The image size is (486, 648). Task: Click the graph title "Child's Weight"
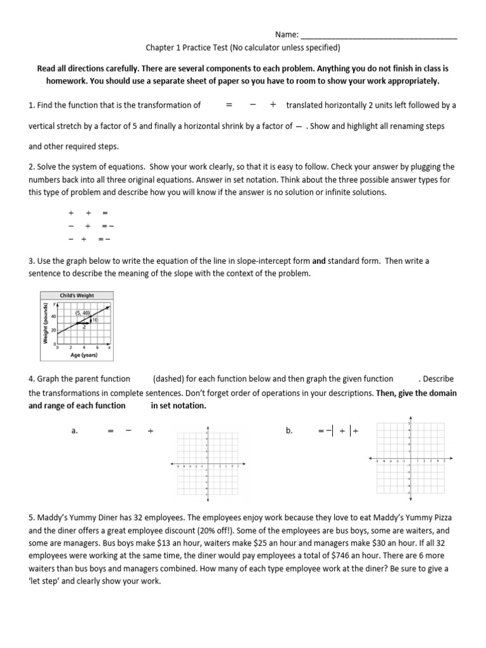click(77, 295)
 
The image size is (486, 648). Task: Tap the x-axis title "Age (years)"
click(84, 355)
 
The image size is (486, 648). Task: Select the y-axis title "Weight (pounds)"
click(46, 323)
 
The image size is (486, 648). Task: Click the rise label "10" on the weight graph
click(94, 320)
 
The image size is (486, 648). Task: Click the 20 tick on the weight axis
click(54, 330)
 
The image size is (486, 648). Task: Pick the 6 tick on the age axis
click(97, 347)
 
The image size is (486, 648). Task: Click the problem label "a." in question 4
click(75, 430)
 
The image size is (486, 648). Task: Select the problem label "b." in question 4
click(289, 430)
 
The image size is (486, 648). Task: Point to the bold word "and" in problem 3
click(319, 261)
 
